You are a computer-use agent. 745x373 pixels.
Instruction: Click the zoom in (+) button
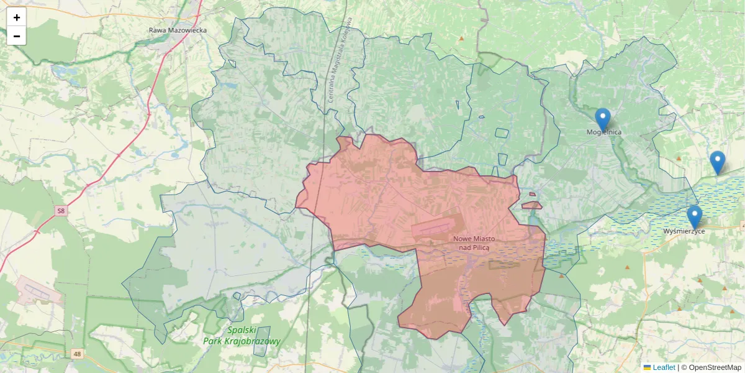click(17, 17)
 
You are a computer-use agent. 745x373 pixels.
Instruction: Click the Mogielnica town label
click(603, 132)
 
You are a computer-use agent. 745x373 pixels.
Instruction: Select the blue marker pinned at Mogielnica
click(602, 118)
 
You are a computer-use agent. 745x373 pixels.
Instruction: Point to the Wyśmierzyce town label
click(684, 231)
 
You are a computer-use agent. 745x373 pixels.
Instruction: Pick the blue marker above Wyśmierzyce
click(695, 216)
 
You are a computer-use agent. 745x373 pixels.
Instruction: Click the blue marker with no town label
click(717, 162)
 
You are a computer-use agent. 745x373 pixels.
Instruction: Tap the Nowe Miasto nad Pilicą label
click(474, 243)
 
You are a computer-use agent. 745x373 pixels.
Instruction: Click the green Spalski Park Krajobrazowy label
click(242, 336)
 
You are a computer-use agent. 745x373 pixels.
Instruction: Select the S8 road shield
click(60, 211)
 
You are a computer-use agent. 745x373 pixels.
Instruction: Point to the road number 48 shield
click(76, 354)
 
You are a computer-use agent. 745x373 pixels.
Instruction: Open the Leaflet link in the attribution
click(664, 367)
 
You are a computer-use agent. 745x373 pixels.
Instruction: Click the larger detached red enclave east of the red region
click(531, 205)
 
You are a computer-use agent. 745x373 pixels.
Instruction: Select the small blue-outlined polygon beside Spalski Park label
click(261, 341)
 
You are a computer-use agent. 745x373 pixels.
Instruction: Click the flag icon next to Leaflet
click(647, 367)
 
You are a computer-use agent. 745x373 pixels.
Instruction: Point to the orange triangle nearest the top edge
click(461, 39)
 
